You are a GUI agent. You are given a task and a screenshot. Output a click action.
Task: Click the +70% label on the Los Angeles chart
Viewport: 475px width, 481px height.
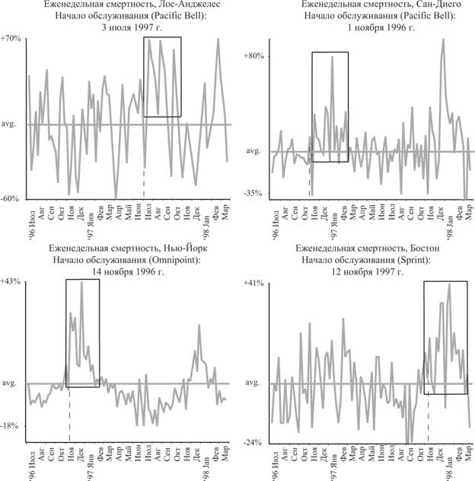pos(12,37)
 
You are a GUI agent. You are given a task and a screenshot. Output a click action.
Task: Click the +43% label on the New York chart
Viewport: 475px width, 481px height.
pos(12,282)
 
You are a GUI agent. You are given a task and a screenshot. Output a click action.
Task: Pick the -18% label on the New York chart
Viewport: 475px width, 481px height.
pos(13,425)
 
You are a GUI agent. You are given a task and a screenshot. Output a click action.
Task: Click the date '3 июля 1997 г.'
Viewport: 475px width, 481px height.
pos(126,27)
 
